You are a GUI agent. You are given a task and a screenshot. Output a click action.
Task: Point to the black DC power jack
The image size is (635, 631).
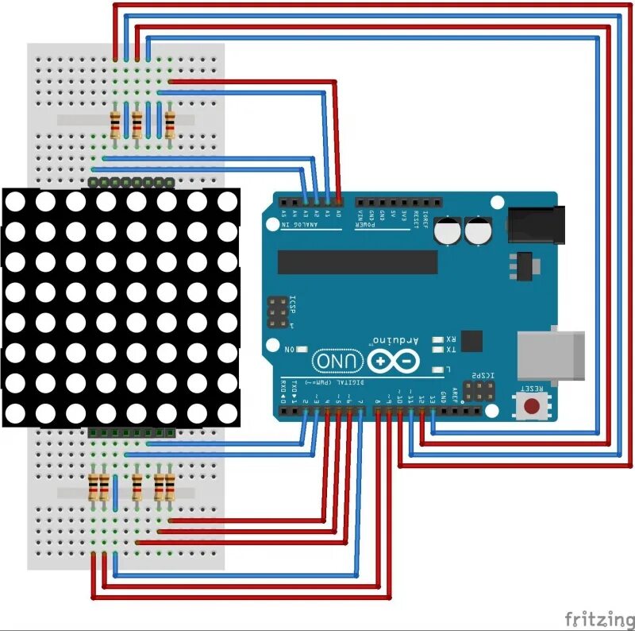pos(535,224)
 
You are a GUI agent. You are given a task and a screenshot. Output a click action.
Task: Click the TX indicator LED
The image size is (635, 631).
pos(437,350)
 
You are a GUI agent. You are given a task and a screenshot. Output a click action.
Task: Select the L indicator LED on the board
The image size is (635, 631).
pos(437,370)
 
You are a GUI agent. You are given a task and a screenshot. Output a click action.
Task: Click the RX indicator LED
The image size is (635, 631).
pos(437,339)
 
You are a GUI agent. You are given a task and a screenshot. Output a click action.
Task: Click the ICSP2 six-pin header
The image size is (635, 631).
pos(479,390)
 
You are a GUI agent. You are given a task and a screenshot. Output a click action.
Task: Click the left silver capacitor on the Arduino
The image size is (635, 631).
pos(450,230)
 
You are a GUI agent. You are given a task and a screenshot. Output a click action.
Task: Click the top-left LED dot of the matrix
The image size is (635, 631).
pos(16,202)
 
